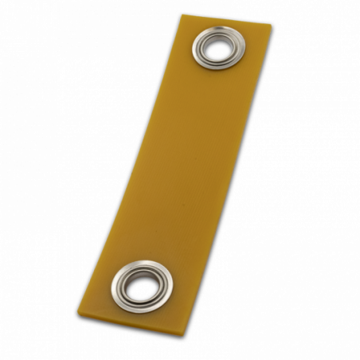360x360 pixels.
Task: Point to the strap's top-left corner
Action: [x=182, y=14]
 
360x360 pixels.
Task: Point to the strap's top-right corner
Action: [x=272, y=25]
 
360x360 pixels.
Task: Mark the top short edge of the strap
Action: [x=227, y=20]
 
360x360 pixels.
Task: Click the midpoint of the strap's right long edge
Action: [x=231, y=174]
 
